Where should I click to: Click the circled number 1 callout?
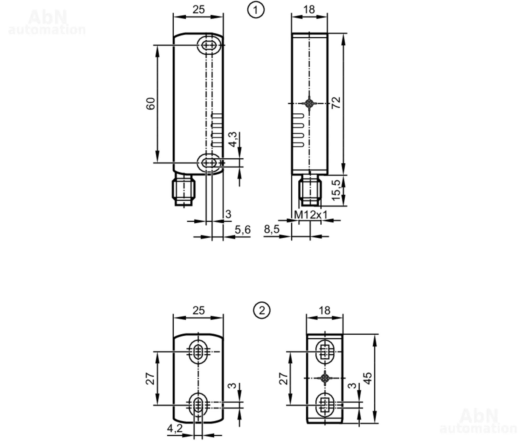[256, 10]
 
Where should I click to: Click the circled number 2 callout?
[262, 310]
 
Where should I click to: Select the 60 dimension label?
[151, 104]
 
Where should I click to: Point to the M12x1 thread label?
[311, 215]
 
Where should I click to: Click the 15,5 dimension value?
[336, 190]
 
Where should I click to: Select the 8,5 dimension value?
[272, 229]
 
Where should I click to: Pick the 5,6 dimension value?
[243, 230]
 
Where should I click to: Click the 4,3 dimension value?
[232, 139]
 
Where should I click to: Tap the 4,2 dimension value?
[175, 428]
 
